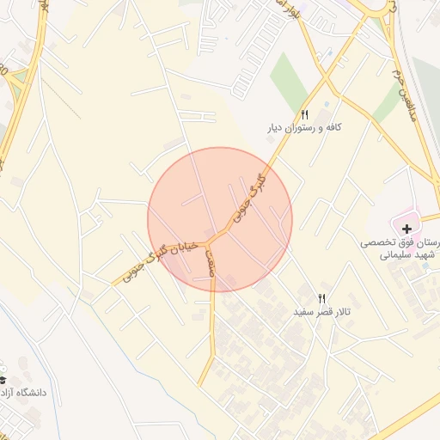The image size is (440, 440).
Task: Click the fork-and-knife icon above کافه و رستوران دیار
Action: (303, 113)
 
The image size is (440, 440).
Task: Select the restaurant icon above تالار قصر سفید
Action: (323, 298)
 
